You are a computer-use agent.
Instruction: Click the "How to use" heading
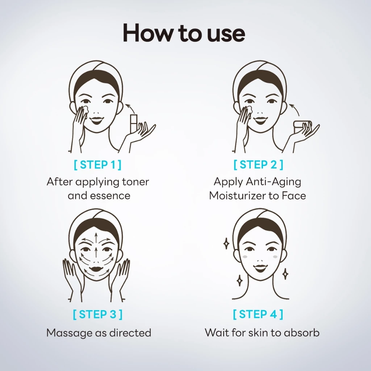pos(184,33)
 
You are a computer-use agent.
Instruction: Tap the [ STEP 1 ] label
pos(97,165)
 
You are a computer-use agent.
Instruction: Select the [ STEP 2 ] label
pos(258,164)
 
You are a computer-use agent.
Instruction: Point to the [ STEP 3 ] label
pos(97,314)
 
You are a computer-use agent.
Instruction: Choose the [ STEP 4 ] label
pos(258,314)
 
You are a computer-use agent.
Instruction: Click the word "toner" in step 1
pos(136,182)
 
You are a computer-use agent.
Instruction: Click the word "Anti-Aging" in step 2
pos(274,182)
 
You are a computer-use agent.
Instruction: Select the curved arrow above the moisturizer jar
pos(295,108)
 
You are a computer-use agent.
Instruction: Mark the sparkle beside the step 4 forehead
pos(226,243)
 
